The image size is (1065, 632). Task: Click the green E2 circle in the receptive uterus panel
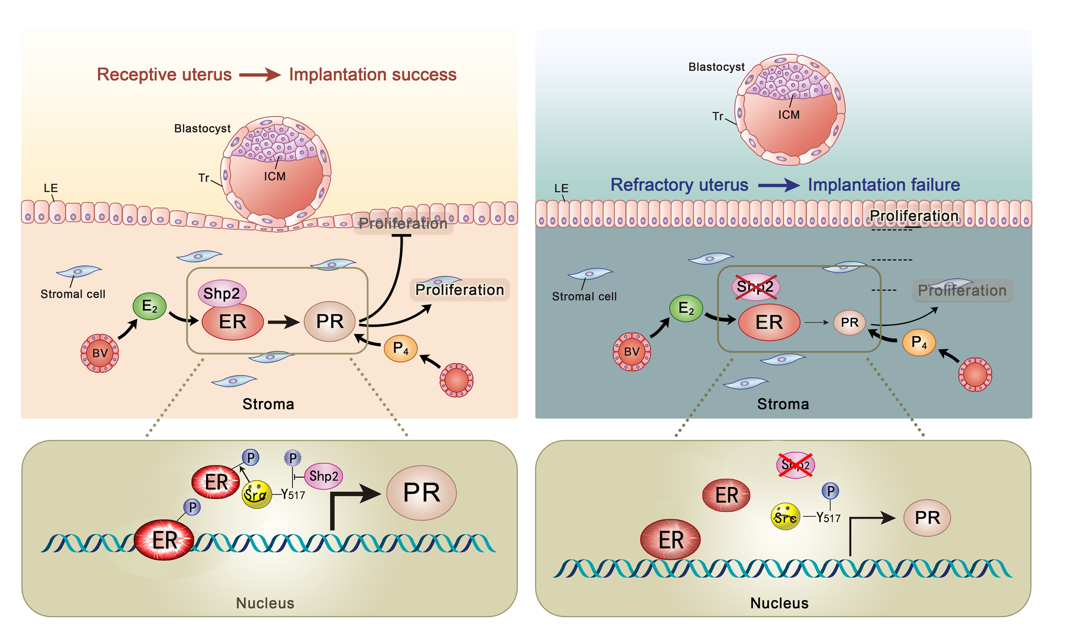click(x=149, y=306)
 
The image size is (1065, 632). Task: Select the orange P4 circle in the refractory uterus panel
click(x=919, y=342)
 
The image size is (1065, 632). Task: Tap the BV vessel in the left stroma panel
click(x=100, y=353)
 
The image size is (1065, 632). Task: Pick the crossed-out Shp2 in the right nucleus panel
click(x=795, y=465)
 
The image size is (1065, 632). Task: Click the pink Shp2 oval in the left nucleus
click(x=323, y=476)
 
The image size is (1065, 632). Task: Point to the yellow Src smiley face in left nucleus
click(x=256, y=494)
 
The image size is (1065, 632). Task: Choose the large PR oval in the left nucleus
click(x=421, y=493)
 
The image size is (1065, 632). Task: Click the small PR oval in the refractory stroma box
click(x=849, y=322)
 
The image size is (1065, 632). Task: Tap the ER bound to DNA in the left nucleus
click(x=164, y=540)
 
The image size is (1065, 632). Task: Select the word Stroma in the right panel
click(x=782, y=404)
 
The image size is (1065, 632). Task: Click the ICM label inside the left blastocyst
click(x=274, y=176)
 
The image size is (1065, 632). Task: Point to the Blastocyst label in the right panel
click(x=716, y=67)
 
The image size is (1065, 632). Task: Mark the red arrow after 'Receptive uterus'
click(x=259, y=75)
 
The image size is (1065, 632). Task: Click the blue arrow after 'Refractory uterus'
click(x=778, y=185)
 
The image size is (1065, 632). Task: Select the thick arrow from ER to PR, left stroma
click(x=283, y=322)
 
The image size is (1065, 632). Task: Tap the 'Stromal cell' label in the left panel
click(x=73, y=294)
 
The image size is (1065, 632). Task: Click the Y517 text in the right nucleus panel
click(x=828, y=518)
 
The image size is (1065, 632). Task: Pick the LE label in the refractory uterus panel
click(x=561, y=188)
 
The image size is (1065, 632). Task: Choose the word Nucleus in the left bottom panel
click(x=265, y=603)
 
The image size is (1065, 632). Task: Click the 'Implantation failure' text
click(x=884, y=185)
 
